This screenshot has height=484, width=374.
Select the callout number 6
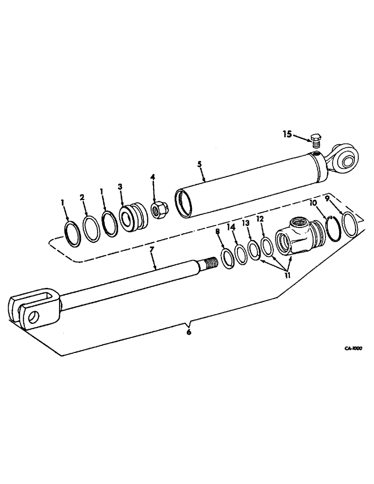[x=189, y=332]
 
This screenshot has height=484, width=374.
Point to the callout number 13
[x=246, y=223]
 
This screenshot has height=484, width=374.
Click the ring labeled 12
[x=266, y=244]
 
